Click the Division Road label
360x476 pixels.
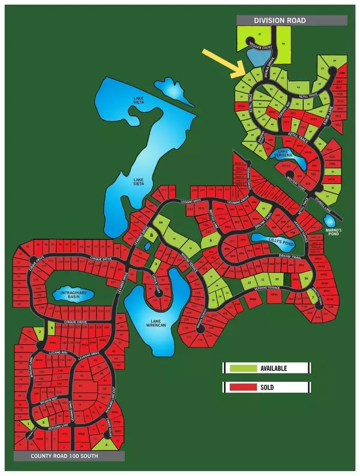click(280, 20)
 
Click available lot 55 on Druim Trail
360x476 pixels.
click(306, 279)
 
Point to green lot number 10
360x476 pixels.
click(277, 280)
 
